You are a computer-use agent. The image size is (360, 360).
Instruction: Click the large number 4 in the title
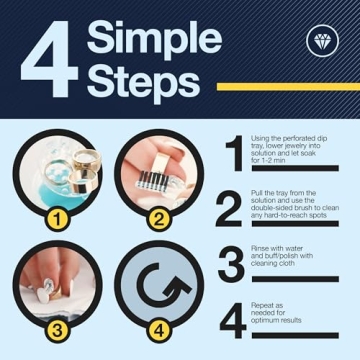45,67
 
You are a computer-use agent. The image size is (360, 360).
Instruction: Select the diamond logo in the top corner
322,40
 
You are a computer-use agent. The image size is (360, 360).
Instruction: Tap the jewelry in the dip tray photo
68,170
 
